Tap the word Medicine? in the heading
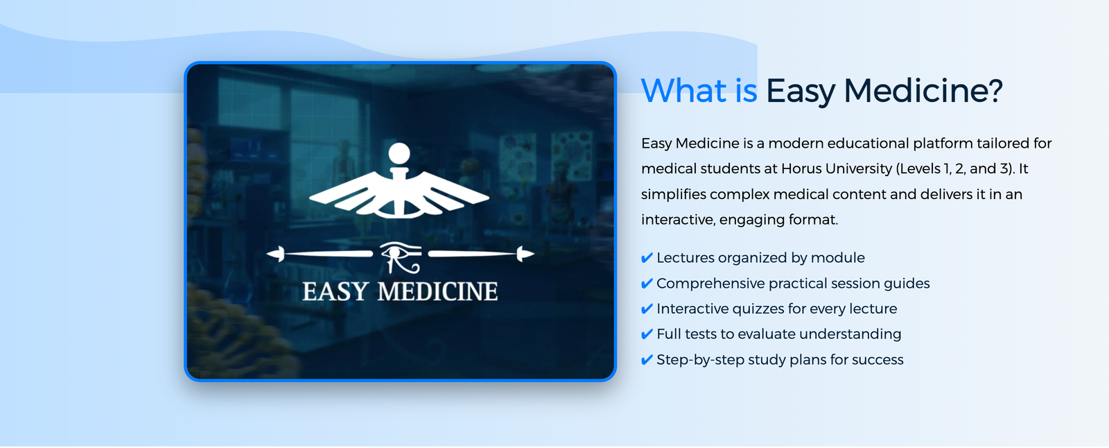pos(923,91)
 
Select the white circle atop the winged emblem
pos(399,153)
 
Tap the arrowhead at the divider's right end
pos(525,255)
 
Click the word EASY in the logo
pos(335,292)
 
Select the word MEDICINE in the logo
pos(437,292)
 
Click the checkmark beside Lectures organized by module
pos(647,258)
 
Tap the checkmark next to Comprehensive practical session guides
pos(647,284)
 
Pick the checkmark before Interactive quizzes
pos(647,309)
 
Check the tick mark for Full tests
pos(647,334)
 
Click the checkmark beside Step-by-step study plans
pos(647,360)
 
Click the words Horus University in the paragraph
pos(837,169)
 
